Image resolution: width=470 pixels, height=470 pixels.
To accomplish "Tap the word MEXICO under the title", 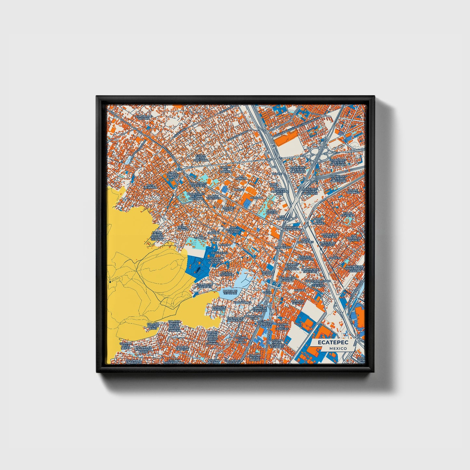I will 337,348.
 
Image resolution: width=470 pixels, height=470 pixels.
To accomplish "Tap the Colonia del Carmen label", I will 226,169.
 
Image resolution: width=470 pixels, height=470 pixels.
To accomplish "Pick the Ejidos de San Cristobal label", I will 201,158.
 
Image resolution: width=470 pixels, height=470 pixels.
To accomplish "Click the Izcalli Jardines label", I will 353,191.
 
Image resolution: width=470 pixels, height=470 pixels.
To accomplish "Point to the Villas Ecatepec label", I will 347,214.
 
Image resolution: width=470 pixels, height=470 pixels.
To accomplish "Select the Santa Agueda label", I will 271,212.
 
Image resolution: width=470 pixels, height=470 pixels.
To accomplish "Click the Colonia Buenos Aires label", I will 153,326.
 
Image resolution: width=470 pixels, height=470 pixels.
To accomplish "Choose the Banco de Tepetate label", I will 230,292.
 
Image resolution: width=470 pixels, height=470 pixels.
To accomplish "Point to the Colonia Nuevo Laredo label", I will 255,358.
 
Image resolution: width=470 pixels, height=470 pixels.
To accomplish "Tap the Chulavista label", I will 220,252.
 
